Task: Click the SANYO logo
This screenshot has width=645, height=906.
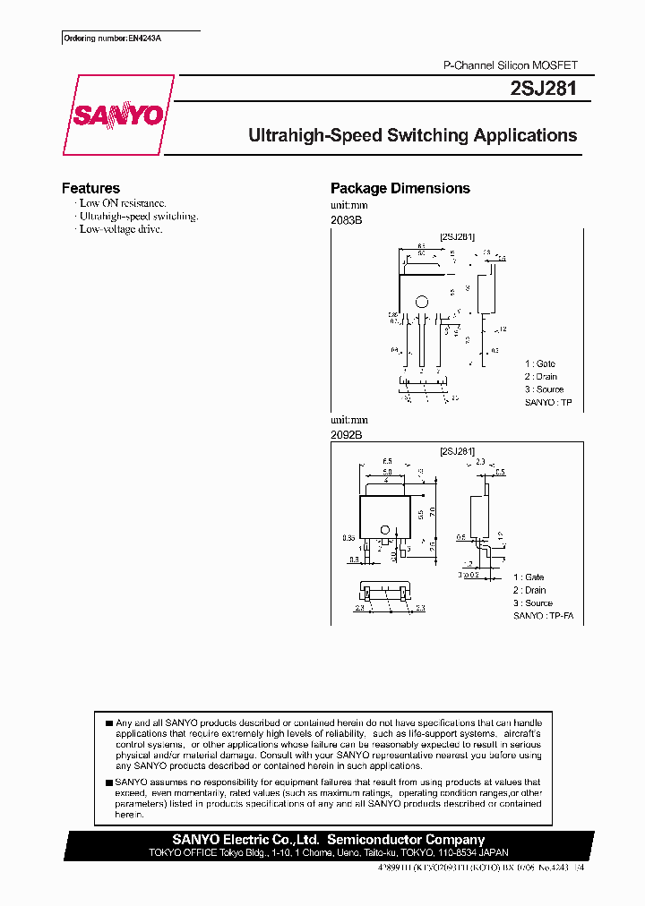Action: pyautogui.click(x=117, y=115)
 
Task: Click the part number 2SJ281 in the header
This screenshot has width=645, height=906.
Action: pyautogui.click(x=548, y=89)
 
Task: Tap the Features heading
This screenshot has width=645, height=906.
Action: pyautogui.click(x=90, y=188)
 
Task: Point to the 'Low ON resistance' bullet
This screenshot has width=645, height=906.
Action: pyautogui.click(x=122, y=203)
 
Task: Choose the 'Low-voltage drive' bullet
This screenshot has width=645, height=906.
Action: pyautogui.click(x=120, y=229)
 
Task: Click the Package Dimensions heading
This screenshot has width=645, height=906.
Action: pyautogui.click(x=400, y=188)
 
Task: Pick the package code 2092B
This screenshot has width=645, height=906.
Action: pyautogui.click(x=346, y=434)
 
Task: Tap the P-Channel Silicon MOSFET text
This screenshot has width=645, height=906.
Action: pyautogui.click(x=512, y=66)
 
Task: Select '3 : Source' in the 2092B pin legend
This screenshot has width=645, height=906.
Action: pyautogui.click(x=533, y=603)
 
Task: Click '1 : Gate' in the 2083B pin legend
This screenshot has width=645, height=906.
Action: pyautogui.click(x=540, y=363)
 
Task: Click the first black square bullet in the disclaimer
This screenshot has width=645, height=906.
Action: pyautogui.click(x=109, y=722)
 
